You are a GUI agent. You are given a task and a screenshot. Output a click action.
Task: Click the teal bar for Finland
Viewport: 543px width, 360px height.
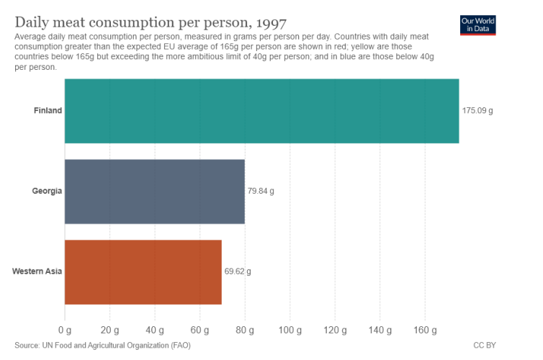[x=262, y=111]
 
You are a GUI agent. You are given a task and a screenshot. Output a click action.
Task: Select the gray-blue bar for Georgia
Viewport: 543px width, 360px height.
[x=155, y=192]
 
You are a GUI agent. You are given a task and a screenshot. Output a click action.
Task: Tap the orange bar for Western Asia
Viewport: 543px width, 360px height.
[x=143, y=272]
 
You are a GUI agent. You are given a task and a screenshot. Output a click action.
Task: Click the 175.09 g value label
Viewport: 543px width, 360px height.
[x=477, y=111]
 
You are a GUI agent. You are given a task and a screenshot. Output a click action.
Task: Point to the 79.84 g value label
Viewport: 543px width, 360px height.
[x=261, y=191]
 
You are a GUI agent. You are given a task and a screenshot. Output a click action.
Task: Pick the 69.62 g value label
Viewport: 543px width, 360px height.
[x=238, y=271]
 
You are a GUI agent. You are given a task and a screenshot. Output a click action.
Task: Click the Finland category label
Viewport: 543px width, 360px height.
[x=48, y=110]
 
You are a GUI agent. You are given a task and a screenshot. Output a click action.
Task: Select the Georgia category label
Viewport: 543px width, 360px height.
[x=47, y=191]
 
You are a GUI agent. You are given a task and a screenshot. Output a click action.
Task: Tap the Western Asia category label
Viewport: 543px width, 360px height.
[x=37, y=271]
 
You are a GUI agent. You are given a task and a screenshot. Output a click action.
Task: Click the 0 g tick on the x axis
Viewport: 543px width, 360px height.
[x=65, y=330]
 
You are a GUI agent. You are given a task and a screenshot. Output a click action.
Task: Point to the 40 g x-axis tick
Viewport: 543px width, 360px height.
[x=155, y=330]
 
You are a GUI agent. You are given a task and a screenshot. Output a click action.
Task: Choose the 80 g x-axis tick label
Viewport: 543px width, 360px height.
[x=245, y=330]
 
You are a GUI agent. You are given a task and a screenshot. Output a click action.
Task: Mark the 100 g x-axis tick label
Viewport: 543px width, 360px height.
[x=290, y=330]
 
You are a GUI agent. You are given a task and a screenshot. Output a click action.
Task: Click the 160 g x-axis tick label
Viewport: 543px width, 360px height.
[x=426, y=330]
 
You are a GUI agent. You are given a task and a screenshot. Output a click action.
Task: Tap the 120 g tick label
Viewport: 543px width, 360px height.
[x=335, y=330]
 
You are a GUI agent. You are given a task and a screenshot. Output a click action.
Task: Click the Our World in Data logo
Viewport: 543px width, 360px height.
[x=478, y=25]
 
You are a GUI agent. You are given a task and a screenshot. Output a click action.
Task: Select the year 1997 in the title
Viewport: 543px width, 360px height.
[x=271, y=23]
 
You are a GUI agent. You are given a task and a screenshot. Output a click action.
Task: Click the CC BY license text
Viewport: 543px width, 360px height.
[x=485, y=346]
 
